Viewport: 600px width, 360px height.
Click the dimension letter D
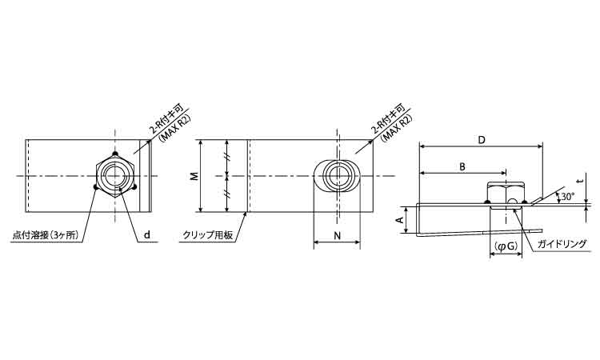(482, 140)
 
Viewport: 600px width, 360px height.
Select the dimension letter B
(462, 167)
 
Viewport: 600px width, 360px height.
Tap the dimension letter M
(194, 176)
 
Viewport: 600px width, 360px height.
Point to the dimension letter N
(337, 236)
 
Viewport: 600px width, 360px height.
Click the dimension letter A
(399, 220)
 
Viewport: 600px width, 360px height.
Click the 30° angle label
(568, 197)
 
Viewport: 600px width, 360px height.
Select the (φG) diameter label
(506, 246)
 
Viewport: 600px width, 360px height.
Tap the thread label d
(147, 235)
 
